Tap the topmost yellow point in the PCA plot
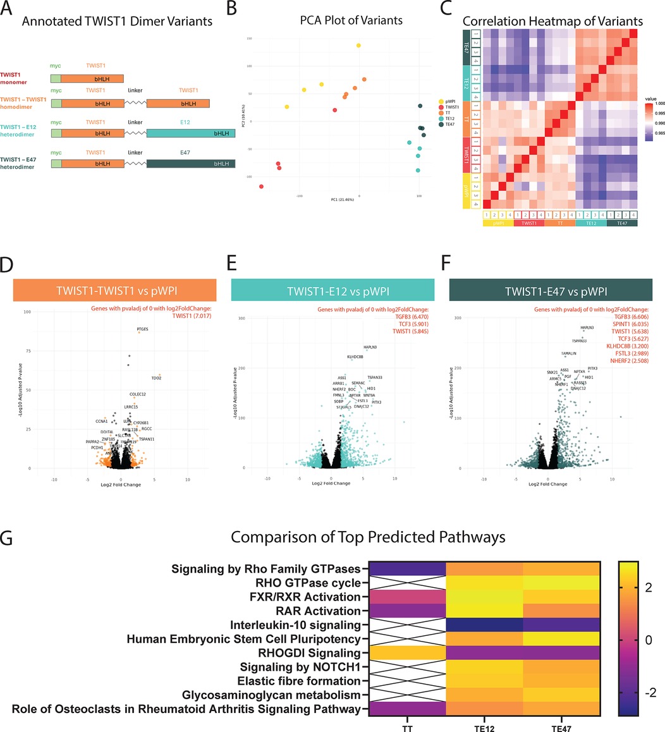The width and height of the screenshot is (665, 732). pyautogui.click(x=358, y=46)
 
